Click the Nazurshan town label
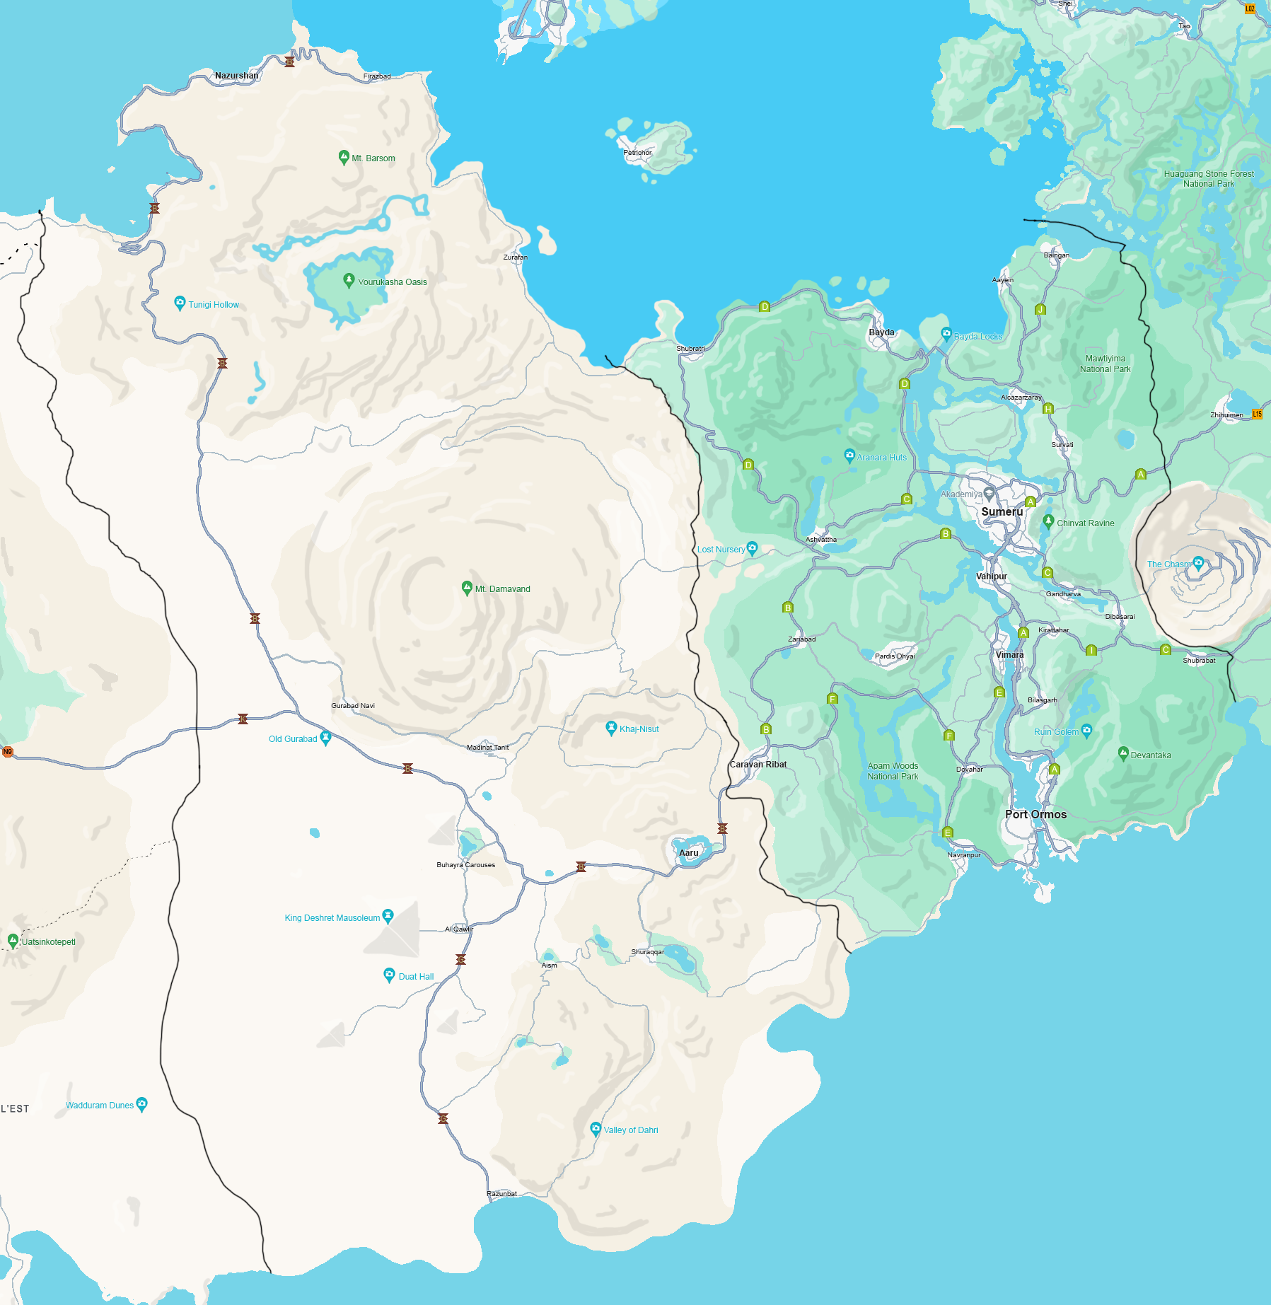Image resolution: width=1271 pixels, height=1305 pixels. [x=236, y=76]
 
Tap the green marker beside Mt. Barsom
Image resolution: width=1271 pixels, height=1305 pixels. [x=344, y=157]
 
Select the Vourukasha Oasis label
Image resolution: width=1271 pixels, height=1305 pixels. [x=392, y=282]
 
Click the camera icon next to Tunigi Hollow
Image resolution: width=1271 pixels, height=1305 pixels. [x=180, y=303]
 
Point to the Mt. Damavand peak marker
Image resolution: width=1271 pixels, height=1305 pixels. [x=467, y=587]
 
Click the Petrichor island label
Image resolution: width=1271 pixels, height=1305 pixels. [x=637, y=153]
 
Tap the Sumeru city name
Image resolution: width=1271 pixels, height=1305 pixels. [x=1002, y=511]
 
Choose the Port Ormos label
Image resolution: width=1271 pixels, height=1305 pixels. [x=1035, y=814]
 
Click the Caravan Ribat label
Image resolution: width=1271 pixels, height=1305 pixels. [x=758, y=765]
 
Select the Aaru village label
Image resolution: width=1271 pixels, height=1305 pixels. [x=688, y=853]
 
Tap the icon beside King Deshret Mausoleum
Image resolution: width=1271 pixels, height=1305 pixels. [x=388, y=916]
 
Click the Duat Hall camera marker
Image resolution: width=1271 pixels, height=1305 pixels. [x=389, y=975]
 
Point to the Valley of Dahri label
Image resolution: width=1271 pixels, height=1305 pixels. [x=630, y=1130]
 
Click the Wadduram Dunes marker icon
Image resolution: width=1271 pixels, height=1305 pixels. [x=141, y=1103]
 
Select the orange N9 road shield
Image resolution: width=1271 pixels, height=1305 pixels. [x=8, y=752]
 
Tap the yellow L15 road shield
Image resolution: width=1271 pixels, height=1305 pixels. [x=1257, y=414]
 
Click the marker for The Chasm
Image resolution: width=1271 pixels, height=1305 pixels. [x=1198, y=562]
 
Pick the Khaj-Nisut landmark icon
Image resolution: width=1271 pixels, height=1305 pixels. [x=611, y=727]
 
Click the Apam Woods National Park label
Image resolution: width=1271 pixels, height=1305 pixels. [x=893, y=771]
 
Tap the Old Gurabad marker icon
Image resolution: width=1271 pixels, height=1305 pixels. [x=325, y=737]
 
